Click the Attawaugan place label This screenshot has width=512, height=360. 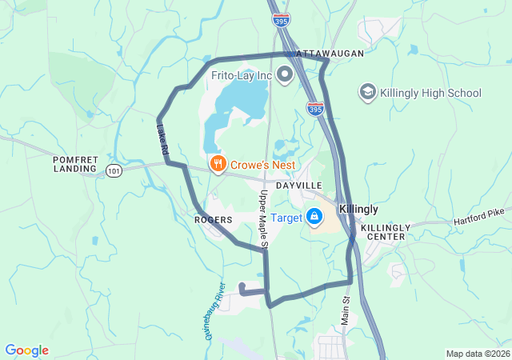(x=330, y=53)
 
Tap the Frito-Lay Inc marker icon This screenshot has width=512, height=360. (x=284, y=76)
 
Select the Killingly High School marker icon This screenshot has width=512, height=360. (x=368, y=93)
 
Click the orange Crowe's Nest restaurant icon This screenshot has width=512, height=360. (x=217, y=164)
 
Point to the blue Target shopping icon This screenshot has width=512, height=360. (x=315, y=217)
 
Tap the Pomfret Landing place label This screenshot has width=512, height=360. (x=75, y=164)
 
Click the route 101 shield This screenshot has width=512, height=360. (x=112, y=170)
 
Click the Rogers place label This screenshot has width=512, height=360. (x=213, y=219)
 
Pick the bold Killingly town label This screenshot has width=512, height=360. (x=358, y=209)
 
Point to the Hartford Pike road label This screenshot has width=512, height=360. (x=482, y=217)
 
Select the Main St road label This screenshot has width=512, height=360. (x=346, y=310)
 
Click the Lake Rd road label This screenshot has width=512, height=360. (x=163, y=138)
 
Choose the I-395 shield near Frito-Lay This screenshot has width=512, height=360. (x=315, y=106)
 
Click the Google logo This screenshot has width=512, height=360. (x=26, y=350)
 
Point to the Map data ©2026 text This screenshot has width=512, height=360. (x=477, y=354)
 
